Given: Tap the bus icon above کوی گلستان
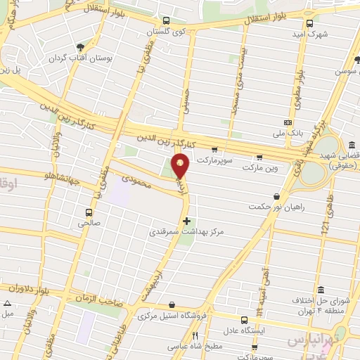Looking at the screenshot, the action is click(165, 21).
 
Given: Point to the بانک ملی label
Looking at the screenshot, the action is click(288, 131).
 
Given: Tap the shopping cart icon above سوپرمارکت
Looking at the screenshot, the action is click(214, 149).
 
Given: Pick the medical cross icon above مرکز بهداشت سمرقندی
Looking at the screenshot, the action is click(186, 220).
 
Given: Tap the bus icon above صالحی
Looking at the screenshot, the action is click(89, 212).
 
